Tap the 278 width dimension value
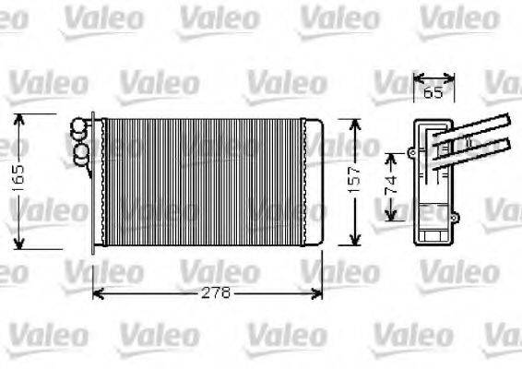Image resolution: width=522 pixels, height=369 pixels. tap(214, 293)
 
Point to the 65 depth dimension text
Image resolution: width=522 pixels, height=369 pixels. tap(433, 93)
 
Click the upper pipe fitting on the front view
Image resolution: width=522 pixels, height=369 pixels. tap(80, 128)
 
